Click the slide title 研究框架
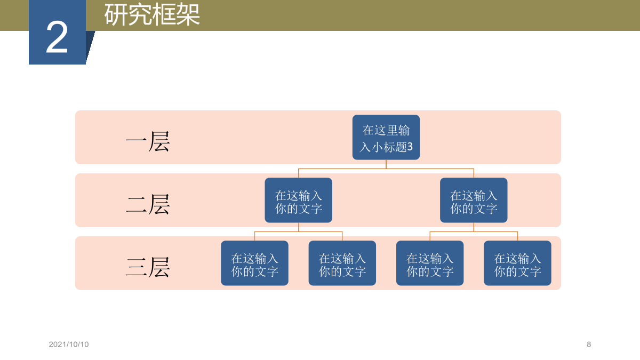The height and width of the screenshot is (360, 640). (x=152, y=15)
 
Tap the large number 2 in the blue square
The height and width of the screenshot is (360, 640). (x=57, y=37)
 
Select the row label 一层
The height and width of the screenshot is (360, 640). (x=148, y=141)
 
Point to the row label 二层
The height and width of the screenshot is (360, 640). (x=148, y=204)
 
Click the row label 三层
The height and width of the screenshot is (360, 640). (x=148, y=267)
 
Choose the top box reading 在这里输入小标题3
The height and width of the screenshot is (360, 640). (x=386, y=137)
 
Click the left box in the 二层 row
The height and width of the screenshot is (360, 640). (x=298, y=200)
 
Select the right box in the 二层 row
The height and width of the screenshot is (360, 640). (x=474, y=200)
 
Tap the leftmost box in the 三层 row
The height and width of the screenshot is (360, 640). (x=254, y=263)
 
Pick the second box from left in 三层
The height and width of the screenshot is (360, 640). (x=342, y=263)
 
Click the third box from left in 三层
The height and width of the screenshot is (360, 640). (x=430, y=263)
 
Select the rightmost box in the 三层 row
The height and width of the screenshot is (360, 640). (x=517, y=263)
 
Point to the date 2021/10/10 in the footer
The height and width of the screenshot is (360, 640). (x=69, y=345)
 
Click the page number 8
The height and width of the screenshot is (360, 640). (x=589, y=345)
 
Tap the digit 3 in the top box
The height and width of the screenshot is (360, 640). (x=410, y=147)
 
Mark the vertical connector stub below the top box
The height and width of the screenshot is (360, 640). (x=386, y=164)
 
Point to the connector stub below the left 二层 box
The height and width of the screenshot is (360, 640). (x=298, y=227)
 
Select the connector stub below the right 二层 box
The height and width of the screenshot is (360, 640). (x=474, y=227)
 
